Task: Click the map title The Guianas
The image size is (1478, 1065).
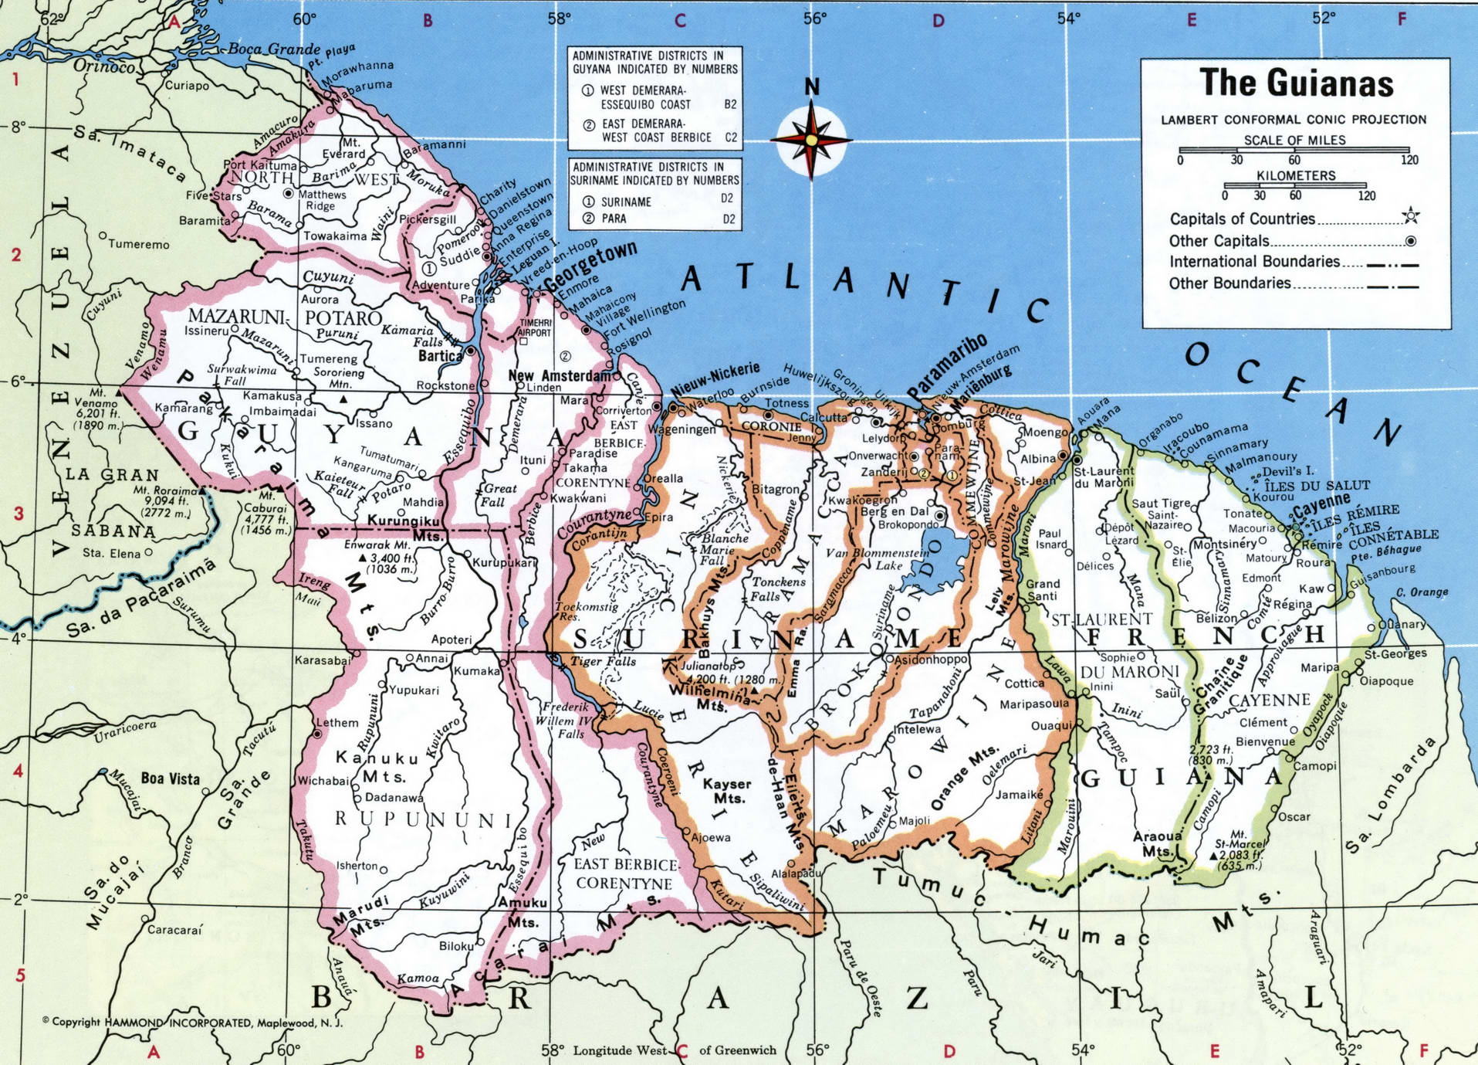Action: tap(1296, 83)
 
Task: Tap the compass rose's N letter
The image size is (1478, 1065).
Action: tap(812, 87)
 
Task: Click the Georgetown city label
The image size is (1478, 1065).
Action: tap(591, 266)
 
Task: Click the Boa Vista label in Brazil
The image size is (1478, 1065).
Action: tap(170, 778)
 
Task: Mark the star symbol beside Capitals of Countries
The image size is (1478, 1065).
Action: tap(1410, 216)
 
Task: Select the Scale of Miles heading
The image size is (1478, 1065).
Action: tap(1294, 140)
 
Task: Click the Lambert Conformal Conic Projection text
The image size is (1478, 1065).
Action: tap(1294, 120)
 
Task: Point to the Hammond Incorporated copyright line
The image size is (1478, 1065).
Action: tap(193, 1023)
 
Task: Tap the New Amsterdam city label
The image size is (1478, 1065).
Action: tap(559, 375)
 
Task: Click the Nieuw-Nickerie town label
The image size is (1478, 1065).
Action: tap(715, 379)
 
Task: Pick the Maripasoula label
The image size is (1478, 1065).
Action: tap(1033, 704)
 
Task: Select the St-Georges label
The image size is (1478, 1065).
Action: tap(1395, 654)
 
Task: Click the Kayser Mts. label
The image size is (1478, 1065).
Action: tap(727, 791)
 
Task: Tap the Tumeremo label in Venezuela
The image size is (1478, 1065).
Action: tap(138, 244)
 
